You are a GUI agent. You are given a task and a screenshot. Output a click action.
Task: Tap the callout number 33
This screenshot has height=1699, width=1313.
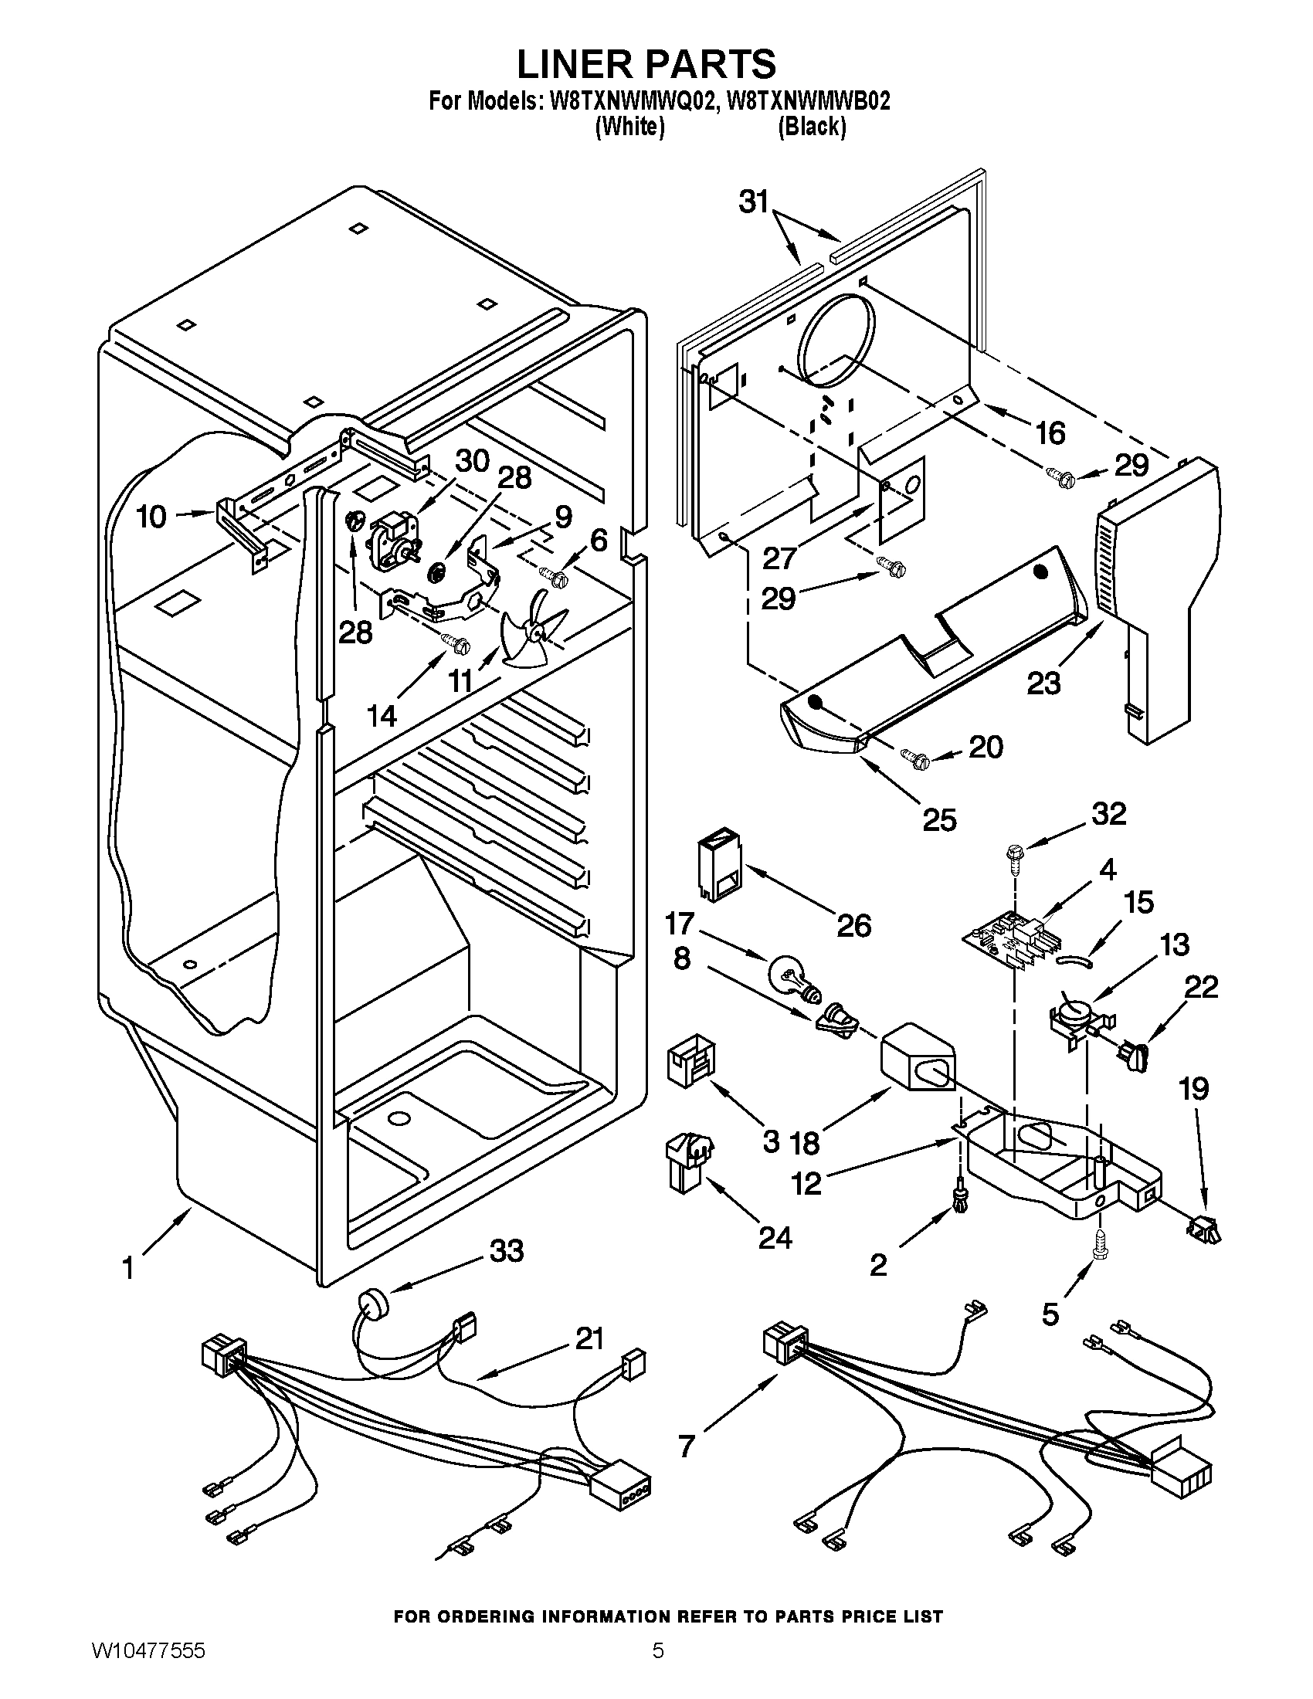(x=507, y=1251)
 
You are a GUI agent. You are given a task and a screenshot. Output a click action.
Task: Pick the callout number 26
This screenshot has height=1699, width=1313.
(x=853, y=925)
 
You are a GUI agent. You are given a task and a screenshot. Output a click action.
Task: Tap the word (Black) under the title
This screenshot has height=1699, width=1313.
(x=812, y=127)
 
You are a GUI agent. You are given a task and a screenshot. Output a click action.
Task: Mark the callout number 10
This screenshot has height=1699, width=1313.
(x=151, y=516)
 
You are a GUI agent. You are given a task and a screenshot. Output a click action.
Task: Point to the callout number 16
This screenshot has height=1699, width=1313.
(x=1050, y=433)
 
